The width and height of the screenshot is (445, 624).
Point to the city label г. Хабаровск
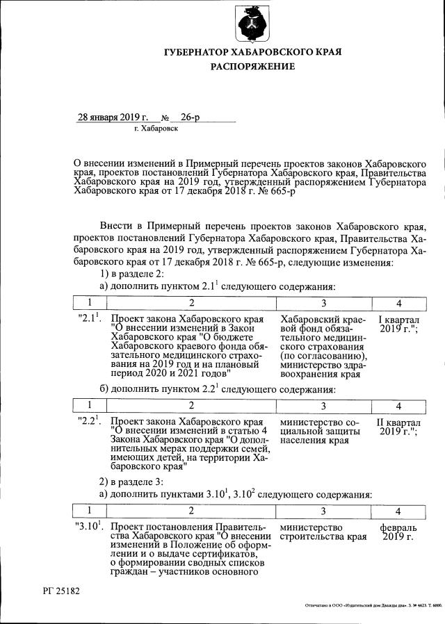[x=156, y=129]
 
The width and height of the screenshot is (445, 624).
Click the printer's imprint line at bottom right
[x=373, y=605]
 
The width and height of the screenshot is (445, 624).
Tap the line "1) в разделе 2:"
[x=132, y=274]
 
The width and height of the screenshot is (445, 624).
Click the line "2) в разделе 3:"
[x=132, y=481]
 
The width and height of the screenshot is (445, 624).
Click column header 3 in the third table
[x=323, y=511]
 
